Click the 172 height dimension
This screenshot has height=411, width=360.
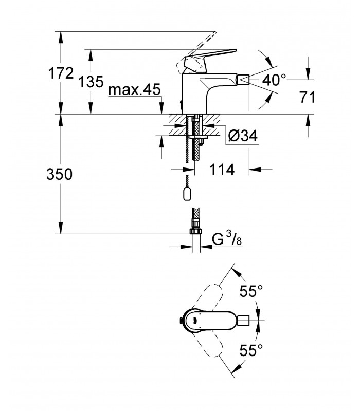[61, 73]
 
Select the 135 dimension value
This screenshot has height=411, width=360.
[91, 82]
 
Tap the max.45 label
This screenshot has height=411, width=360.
[134, 89]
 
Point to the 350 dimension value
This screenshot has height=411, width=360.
[60, 174]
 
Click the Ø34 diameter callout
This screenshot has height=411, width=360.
[243, 136]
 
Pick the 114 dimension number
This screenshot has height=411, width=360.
[222, 170]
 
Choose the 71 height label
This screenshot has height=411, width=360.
[307, 98]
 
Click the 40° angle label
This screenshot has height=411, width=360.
[275, 80]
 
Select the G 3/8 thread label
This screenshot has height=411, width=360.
[227, 239]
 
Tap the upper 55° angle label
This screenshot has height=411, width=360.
[251, 291]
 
